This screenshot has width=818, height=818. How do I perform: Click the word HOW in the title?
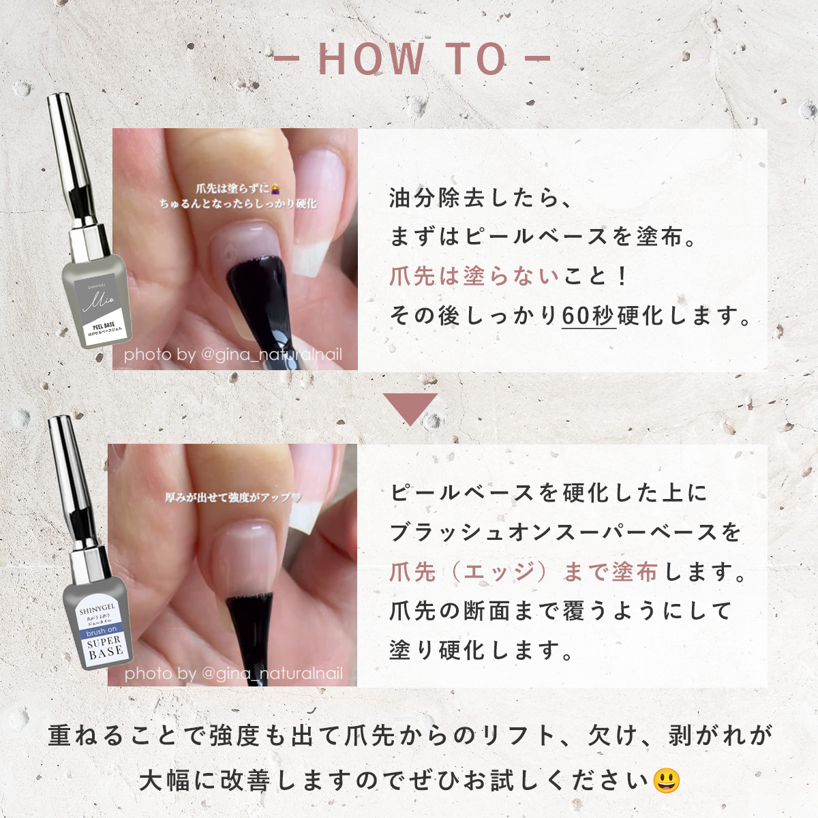pyautogui.click(x=371, y=59)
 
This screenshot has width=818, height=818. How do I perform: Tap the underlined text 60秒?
pyautogui.click(x=588, y=316)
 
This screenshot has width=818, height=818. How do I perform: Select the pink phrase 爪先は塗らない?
pyautogui.click(x=474, y=276)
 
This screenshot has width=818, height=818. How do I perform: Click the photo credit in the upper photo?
pyautogui.click(x=233, y=354)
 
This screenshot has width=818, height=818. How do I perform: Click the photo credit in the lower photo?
pyautogui.click(x=233, y=673)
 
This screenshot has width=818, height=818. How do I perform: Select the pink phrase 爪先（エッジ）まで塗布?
pyautogui.click(x=524, y=572)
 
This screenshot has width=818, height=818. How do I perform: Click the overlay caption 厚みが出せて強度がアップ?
pyautogui.click(x=232, y=498)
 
